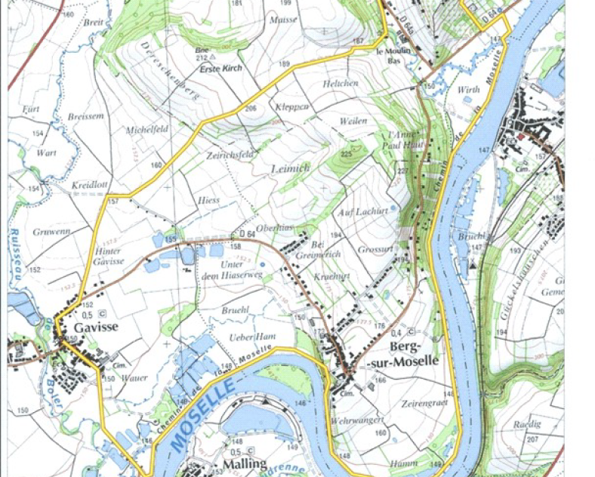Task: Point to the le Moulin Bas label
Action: pyautogui.click(x=395, y=55)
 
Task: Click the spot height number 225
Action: pyautogui.click(x=346, y=153)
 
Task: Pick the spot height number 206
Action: pyautogui.click(x=250, y=109)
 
